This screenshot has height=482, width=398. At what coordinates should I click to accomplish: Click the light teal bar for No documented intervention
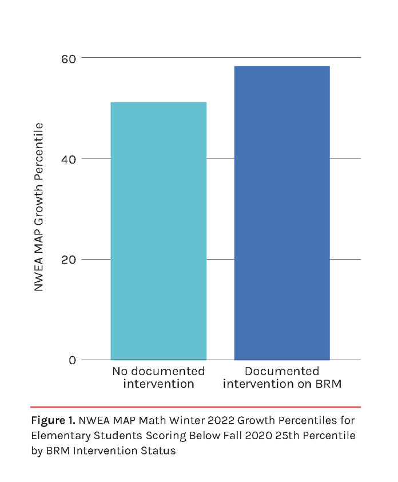click(x=158, y=231)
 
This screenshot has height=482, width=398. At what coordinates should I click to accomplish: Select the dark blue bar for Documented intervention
click(x=282, y=213)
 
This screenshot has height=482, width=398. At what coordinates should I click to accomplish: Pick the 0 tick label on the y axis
click(x=73, y=360)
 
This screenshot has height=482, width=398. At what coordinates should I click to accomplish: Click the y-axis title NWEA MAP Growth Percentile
click(x=39, y=207)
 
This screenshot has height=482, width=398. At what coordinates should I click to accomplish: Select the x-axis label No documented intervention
click(x=158, y=377)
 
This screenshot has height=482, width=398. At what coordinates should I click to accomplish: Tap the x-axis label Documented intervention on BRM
click(x=282, y=377)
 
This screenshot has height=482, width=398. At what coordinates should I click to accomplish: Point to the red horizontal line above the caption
click(x=196, y=407)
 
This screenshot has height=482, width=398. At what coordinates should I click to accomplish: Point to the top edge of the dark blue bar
click(x=282, y=66)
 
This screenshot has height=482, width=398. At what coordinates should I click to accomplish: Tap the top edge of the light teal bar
click(x=158, y=102)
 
